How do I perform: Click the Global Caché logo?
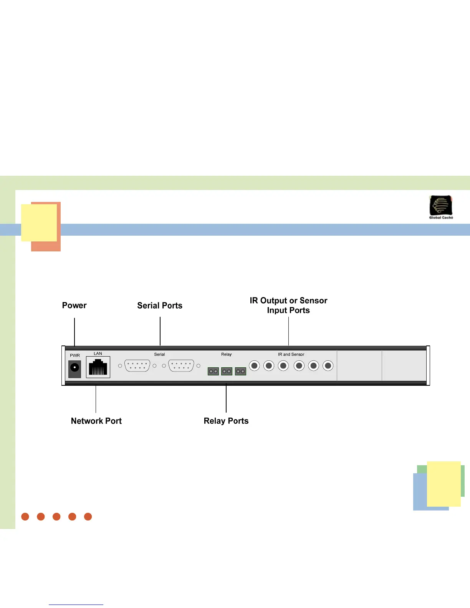[x=441, y=207]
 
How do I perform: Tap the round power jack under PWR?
[x=74, y=368]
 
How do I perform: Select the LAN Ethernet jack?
[x=98, y=367]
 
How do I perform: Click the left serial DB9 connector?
[x=137, y=366]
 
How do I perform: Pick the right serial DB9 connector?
[x=181, y=366]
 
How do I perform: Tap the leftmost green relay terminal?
[x=213, y=372]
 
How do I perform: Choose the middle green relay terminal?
[x=227, y=372]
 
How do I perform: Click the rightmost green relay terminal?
[x=240, y=372]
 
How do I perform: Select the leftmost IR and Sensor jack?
[x=254, y=366]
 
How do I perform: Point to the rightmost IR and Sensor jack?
[x=328, y=366]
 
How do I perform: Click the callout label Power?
[x=74, y=306]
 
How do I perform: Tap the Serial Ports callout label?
[x=160, y=306]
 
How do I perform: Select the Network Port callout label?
[x=96, y=421]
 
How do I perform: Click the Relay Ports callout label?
[x=226, y=421]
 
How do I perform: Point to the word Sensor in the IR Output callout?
[x=313, y=301]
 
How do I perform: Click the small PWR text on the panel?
[x=75, y=355]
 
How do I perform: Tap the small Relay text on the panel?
[x=227, y=354]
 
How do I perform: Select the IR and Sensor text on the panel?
[x=291, y=354]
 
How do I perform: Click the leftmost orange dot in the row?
[x=25, y=517]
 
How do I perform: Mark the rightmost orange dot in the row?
[x=88, y=517]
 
